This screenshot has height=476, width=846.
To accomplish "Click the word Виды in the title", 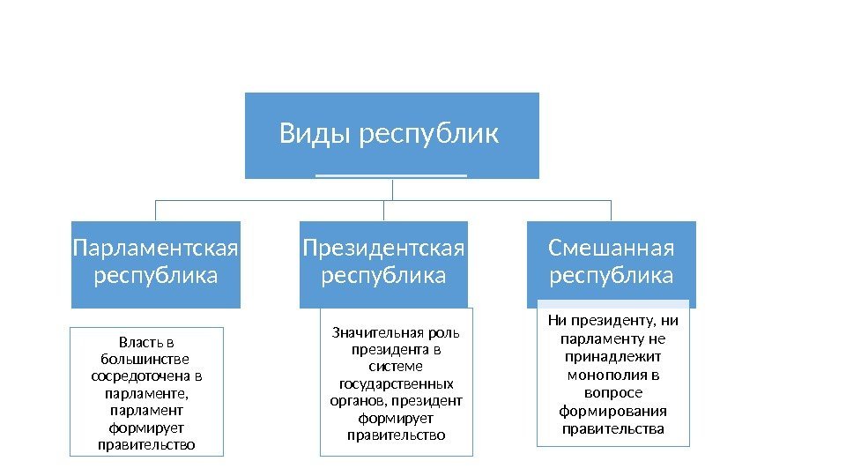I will [306, 134].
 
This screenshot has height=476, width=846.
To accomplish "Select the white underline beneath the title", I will [390, 175].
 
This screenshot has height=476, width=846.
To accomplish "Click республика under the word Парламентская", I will [156, 276].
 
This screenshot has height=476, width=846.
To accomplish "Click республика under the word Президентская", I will [384, 276].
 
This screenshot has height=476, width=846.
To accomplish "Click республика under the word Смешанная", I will [612, 276].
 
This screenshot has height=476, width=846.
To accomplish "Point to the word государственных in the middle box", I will [397, 383].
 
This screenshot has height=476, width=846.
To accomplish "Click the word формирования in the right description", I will [612, 411].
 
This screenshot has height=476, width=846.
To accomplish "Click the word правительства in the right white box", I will [612, 429].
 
